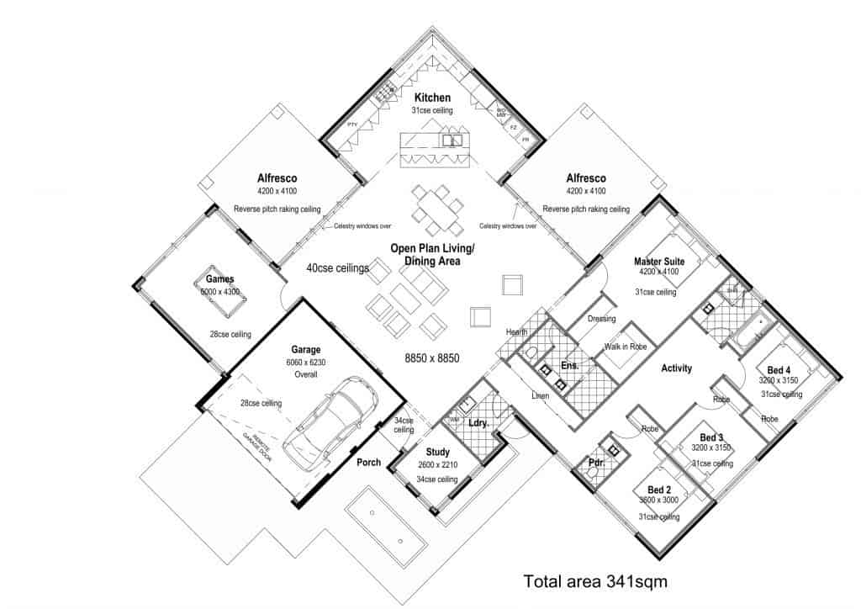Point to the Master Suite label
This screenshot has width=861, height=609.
click(659, 262)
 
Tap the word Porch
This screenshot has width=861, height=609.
click(368, 462)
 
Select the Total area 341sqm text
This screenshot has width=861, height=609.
click(595, 580)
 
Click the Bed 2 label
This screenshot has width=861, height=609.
click(659, 490)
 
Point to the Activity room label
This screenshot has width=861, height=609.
click(676, 368)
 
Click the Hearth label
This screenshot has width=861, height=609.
click(516, 332)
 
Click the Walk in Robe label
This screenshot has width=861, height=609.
click(625, 347)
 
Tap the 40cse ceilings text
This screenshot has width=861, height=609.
click(339, 268)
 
